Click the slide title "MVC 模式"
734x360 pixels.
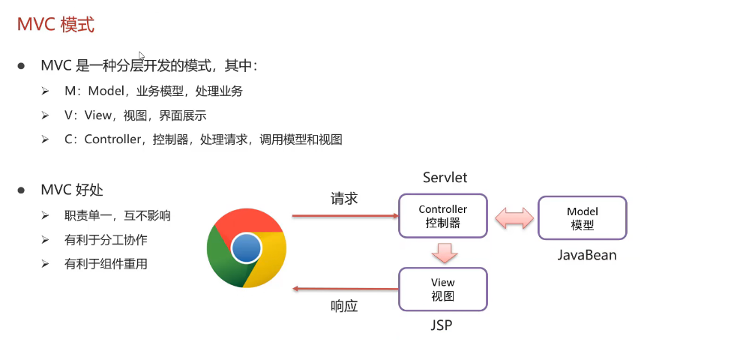click(x=55, y=24)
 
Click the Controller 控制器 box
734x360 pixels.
click(x=442, y=216)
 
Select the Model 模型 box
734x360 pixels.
click(x=582, y=218)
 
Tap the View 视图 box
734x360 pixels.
click(x=442, y=289)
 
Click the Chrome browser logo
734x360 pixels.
click(x=246, y=247)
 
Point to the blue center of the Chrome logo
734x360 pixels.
click(x=246, y=248)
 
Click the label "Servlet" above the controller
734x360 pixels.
click(x=445, y=178)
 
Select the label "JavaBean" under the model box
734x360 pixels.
click(x=586, y=255)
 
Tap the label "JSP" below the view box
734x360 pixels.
click(x=442, y=326)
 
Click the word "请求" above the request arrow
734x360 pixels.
click(x=344, y=199)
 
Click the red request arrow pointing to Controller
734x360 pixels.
click(x=345, y=216)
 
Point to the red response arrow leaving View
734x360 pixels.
click(x=345, y=289)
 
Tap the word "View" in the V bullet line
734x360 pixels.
click(x=97, y=115)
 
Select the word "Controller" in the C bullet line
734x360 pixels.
click(x=112, y=139)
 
